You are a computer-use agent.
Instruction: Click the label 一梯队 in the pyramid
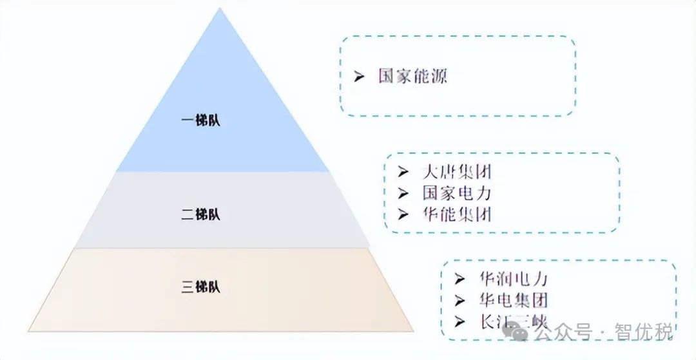pos(200,120)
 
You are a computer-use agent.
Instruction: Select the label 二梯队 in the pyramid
pos(200,214)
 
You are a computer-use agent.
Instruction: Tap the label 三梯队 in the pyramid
pos(200,287)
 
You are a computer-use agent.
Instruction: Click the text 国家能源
pos(412,77)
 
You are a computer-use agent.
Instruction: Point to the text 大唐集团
pos(457,172)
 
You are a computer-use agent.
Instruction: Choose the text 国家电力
pos(457,193)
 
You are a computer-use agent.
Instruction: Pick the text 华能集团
pos(457,213)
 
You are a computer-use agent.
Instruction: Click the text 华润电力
pos(513,279)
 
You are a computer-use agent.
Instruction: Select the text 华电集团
pos(513,299)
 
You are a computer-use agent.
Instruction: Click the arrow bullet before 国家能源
pos(360,77)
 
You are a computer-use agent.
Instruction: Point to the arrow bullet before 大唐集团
pos(403,172)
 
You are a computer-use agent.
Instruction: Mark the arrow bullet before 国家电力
pos(403,193)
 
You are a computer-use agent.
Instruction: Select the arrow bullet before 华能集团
pos(403,213)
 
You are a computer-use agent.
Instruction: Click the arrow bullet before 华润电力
pos(459,279)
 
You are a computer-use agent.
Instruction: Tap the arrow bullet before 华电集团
pos(459,299)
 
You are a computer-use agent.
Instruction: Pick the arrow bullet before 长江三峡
pos(459,321)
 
